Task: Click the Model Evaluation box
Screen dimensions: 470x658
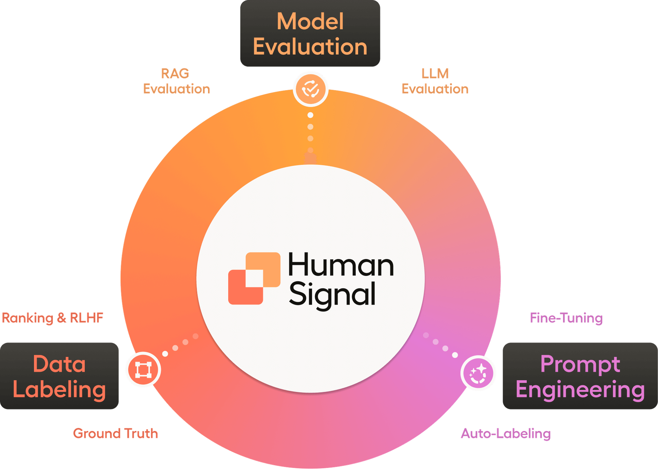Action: pyautogui.click(x=310, y=34)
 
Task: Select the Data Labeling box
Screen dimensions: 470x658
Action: pyautogui.click(x=59, y=376)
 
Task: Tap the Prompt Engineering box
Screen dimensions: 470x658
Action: pyautogui.click(x=580, y=376)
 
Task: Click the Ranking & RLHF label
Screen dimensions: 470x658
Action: pyautogui.click(x=52, y=318)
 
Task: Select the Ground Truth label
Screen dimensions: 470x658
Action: pyautogui.click(x=115, y=433)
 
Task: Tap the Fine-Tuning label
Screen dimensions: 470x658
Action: pyautogui.click(x=566, y=318)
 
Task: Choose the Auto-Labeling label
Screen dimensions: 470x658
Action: pyautogui.click(x=505, y=433)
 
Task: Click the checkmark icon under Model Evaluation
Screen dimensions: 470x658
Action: pyautogui.click(x=310, y=89)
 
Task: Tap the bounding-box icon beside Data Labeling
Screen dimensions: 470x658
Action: pyautogui.click(x=143, y=370)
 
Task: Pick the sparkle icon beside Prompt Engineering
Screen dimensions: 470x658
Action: pyautogui.click(x=478, y=373)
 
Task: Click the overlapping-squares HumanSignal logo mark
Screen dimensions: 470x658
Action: pyautogui.click(x=254, y=278)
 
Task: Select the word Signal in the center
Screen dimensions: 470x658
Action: pyautogui.click(x=332, y=295)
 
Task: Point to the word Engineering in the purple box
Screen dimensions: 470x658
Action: pyautogui.click(x=580, y=389)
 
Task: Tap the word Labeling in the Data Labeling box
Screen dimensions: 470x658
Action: pyautogui.click(x=59, y=389)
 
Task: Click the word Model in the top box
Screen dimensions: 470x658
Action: pyautogui.click(x=310, y=21)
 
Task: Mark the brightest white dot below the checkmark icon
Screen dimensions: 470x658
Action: pyautogui.click(x=310, y=115)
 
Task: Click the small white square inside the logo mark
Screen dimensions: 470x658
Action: pyautogui.click(x=254, y=278)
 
